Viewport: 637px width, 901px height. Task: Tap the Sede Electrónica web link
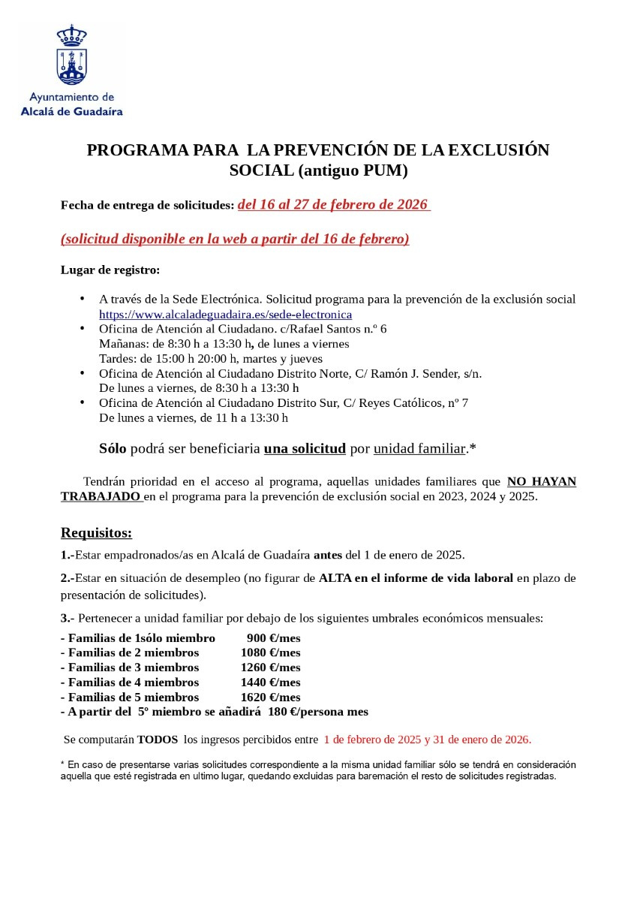[x=225, y=315]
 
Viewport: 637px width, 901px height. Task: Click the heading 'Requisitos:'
[x=96, y=533]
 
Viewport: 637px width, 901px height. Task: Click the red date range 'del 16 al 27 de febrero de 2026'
[x=333, y=205]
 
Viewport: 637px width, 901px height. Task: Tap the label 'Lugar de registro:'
[x=110, y=270]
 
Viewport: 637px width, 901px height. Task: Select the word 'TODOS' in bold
[x=158, y=740]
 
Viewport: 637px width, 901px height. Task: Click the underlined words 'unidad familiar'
[x=419, y=449]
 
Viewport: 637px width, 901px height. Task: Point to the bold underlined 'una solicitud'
[x=305, y=449]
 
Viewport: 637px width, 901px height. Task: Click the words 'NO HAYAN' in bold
[x=542, y=482]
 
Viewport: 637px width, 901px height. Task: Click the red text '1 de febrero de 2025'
[x=372, y=740]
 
